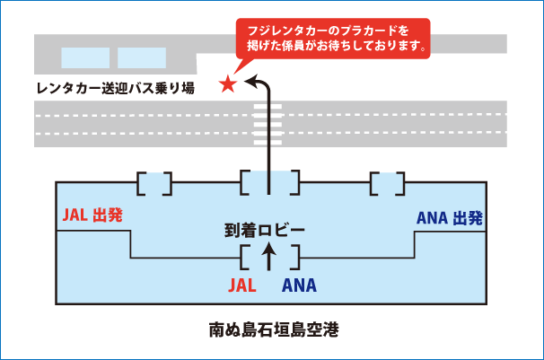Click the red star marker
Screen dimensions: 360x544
coord(227,84)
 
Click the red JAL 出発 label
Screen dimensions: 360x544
coord(92,215)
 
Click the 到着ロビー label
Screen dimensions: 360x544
coord(266,230)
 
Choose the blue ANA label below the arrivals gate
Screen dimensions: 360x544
coord(299,286)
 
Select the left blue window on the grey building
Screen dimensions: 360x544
coord(85,58)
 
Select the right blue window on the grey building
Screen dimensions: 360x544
coord(142,58)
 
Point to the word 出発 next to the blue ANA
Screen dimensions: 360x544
coord(469,216)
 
